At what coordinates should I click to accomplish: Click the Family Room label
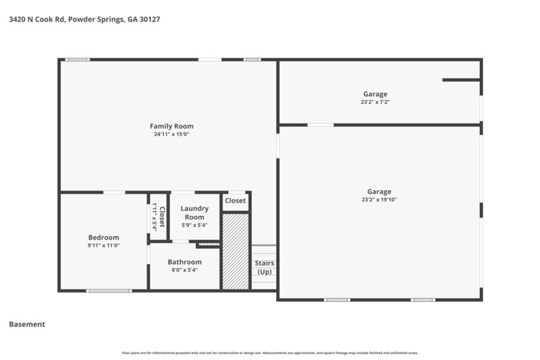tap(171, 126)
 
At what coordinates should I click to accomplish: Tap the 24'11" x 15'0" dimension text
tap(171, 134)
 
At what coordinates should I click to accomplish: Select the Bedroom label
tap(104, 237)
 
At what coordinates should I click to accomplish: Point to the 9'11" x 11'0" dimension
tap(104, 246)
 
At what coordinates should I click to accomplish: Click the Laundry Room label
tap(194, 213)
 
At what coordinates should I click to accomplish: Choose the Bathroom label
tap(185, 262)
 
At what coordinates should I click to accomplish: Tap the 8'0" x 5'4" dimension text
tap(185, 270)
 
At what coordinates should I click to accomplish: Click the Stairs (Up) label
tap(264, 267)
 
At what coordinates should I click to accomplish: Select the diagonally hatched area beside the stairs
tap(236, 251)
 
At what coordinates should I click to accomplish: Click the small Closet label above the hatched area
tap(236, 201)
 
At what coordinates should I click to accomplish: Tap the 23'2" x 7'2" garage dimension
tap(376, 102)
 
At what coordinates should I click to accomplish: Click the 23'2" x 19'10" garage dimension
tap(379, 200)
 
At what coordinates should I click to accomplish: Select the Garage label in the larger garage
tap(379, 191)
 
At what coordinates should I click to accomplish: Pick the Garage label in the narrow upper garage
tap(376, 94)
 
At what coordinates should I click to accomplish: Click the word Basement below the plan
tap(27, 324)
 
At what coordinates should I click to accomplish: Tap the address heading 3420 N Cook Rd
tap(84, 20)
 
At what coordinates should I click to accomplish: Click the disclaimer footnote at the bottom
tap(270, 353)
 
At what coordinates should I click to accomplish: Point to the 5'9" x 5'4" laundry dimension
tap(194, 226)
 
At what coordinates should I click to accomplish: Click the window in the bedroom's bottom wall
tap(109, 291)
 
